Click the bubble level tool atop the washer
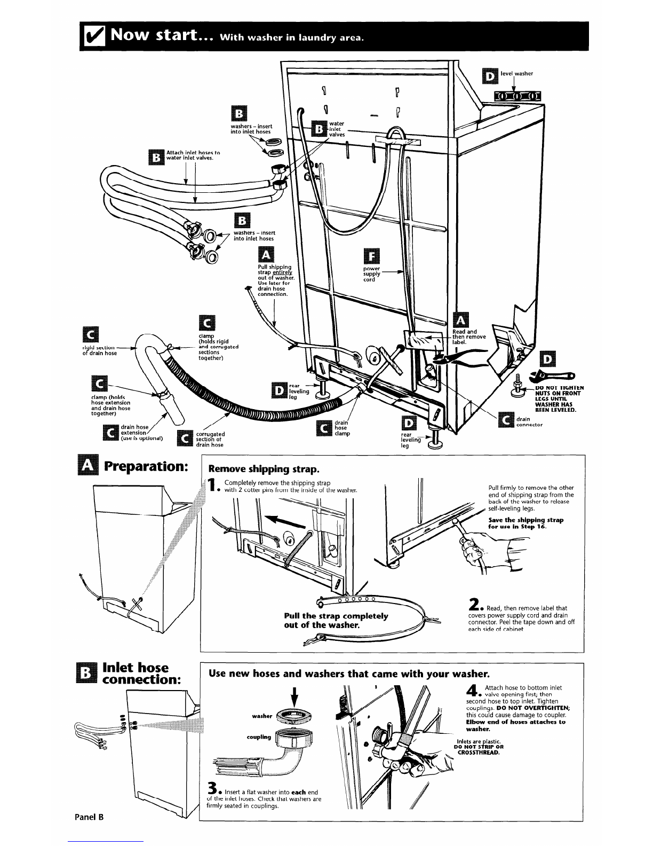pos(517,96)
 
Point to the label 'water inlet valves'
pos(337,129)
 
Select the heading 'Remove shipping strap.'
pos(264,469)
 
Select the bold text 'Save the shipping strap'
pos(525,520)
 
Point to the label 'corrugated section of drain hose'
pos(210,439)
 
